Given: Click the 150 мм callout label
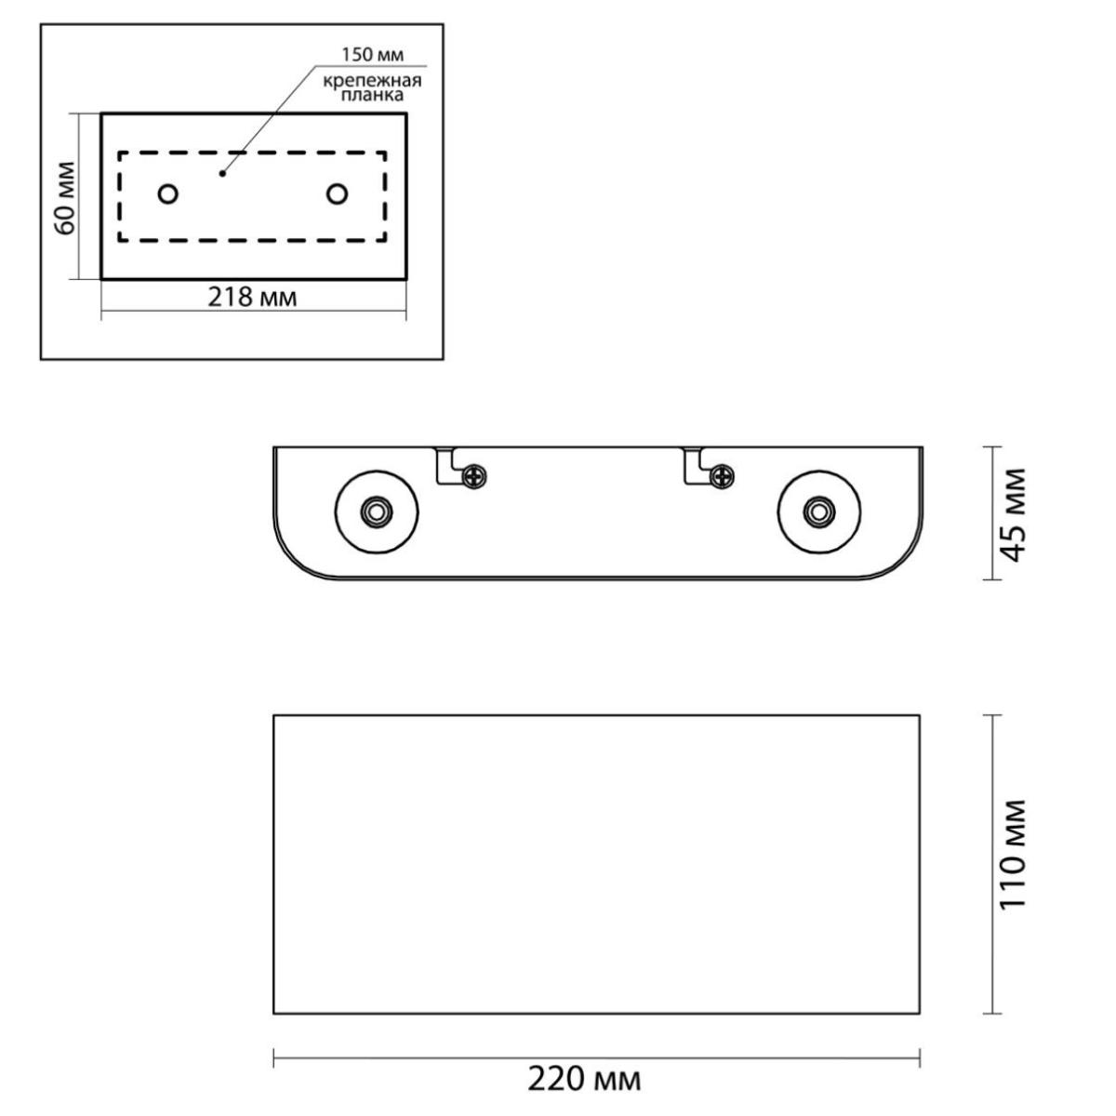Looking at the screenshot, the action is click(x=372, y=55).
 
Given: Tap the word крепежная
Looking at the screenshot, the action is click(x=372, y=81).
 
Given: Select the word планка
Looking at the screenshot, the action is click(x=372, y=95).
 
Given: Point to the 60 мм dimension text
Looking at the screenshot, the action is click(x=65, y=197).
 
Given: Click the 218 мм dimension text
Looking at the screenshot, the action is click(x=253, y=297).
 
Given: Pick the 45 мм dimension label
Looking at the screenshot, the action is click(x=1013, y=514).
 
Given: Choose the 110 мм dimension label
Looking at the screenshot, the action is click(x=1013, y=863).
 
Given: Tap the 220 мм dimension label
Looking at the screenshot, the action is click(x=584, y=1080).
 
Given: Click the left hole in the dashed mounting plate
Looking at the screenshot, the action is click(x=168, y=194).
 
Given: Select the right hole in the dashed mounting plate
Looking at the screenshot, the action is click(x=337, y=194).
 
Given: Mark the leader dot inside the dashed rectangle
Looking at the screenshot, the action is click(x=222, y=173).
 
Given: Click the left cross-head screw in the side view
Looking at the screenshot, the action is click(x=475, y=477).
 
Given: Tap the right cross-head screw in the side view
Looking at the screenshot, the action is click(x=724, y=477).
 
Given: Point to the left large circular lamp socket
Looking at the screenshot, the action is click(x=377, y=511).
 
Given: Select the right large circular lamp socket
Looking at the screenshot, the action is click(x=819, y=511).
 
